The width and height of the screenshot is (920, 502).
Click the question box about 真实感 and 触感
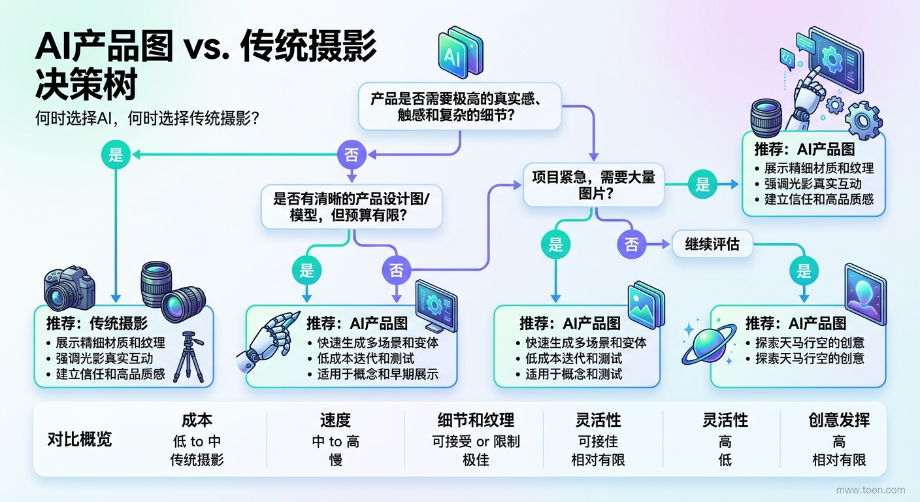pos(460,107)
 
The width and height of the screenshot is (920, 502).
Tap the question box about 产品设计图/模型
pos(352,206)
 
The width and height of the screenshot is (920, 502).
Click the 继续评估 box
pos(712,244)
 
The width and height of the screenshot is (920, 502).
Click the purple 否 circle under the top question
pos(352,155)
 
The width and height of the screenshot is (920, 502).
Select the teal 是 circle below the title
pos(116,155)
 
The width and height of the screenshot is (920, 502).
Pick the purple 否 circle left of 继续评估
pos(631,244)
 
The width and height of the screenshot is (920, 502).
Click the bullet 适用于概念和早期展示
pos(372,375)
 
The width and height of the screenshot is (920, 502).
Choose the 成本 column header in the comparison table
pos(197,420)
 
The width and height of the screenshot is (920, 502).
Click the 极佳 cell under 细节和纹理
pos(476,460)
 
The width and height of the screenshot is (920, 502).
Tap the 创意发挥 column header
pos(838,420)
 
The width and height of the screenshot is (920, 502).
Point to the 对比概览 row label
pos(80,439)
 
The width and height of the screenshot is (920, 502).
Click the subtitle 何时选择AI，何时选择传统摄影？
pos(148,120)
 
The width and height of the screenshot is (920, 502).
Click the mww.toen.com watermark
pos(871,490)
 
